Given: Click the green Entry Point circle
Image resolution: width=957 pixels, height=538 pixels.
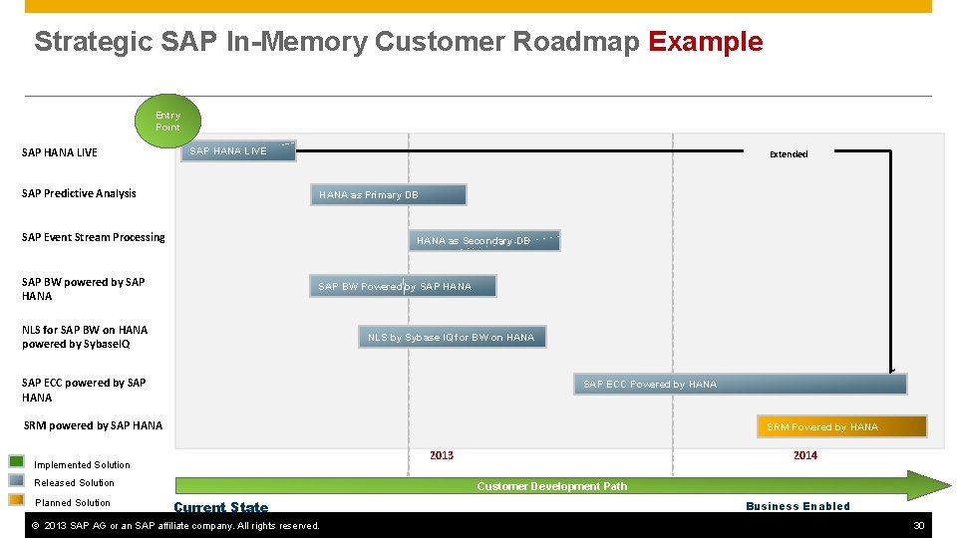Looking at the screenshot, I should point(167,121).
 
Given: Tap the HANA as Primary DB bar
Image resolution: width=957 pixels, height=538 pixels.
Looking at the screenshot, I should point(389,195).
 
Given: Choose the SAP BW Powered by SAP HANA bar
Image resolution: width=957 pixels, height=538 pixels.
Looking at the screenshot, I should point(403,287).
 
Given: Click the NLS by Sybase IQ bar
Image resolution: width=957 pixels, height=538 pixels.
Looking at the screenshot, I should point(453,338).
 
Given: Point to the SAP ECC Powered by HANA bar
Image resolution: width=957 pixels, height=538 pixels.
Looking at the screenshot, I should point(741,384).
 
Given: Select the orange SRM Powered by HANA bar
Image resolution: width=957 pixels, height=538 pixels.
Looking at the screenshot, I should point(841,426).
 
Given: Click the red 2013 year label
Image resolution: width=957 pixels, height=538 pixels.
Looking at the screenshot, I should point(442,455).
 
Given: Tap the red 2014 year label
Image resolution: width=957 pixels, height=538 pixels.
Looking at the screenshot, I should point(805,455).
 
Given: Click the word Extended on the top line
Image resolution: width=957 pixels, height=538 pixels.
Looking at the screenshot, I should point(789,154).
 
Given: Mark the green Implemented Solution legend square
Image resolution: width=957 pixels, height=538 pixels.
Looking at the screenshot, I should point(17,461).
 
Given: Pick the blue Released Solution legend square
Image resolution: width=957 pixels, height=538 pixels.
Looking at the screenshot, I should point(17,480).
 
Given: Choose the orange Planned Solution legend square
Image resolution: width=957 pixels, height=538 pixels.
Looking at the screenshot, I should point(17,500).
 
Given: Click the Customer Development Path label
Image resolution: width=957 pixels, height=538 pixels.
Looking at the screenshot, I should point(552,486).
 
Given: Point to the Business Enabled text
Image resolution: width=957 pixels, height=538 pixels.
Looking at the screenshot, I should point(797,506).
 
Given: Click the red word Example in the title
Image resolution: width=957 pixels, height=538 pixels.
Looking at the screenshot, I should point(705,42).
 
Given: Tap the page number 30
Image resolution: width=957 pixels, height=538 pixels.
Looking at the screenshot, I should point(919,525).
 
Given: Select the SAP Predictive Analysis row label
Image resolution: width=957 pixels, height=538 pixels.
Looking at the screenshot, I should point(79,193).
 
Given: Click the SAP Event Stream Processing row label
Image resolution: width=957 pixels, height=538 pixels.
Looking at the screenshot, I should point(94,237).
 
